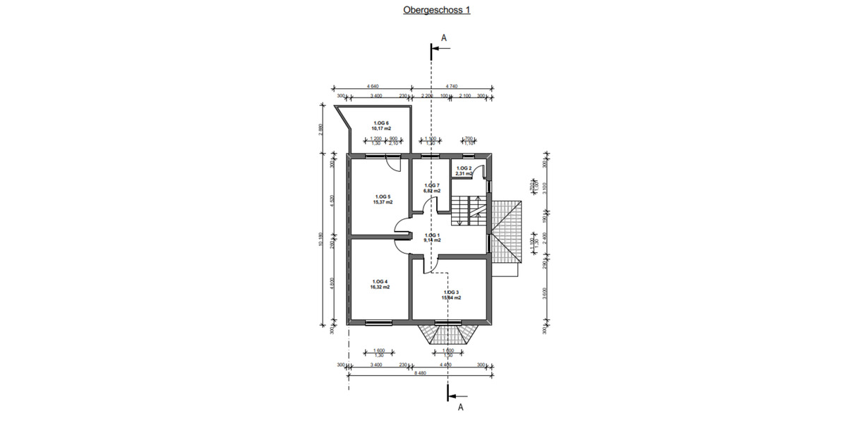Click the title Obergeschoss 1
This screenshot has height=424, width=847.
(x=436, y=11)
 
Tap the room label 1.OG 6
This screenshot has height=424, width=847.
(x=381, y=123)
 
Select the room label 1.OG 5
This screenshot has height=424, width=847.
(x=381, y=196)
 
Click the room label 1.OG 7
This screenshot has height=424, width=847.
(x=432, y=184)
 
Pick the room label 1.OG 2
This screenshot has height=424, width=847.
(x=464, y=167)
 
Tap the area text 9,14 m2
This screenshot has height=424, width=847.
(x=432, y=240)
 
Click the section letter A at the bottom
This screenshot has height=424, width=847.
(x=460, y=408)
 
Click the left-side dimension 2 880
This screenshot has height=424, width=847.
(x=321, y=129)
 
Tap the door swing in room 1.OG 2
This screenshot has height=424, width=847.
(x=478, y=170)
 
